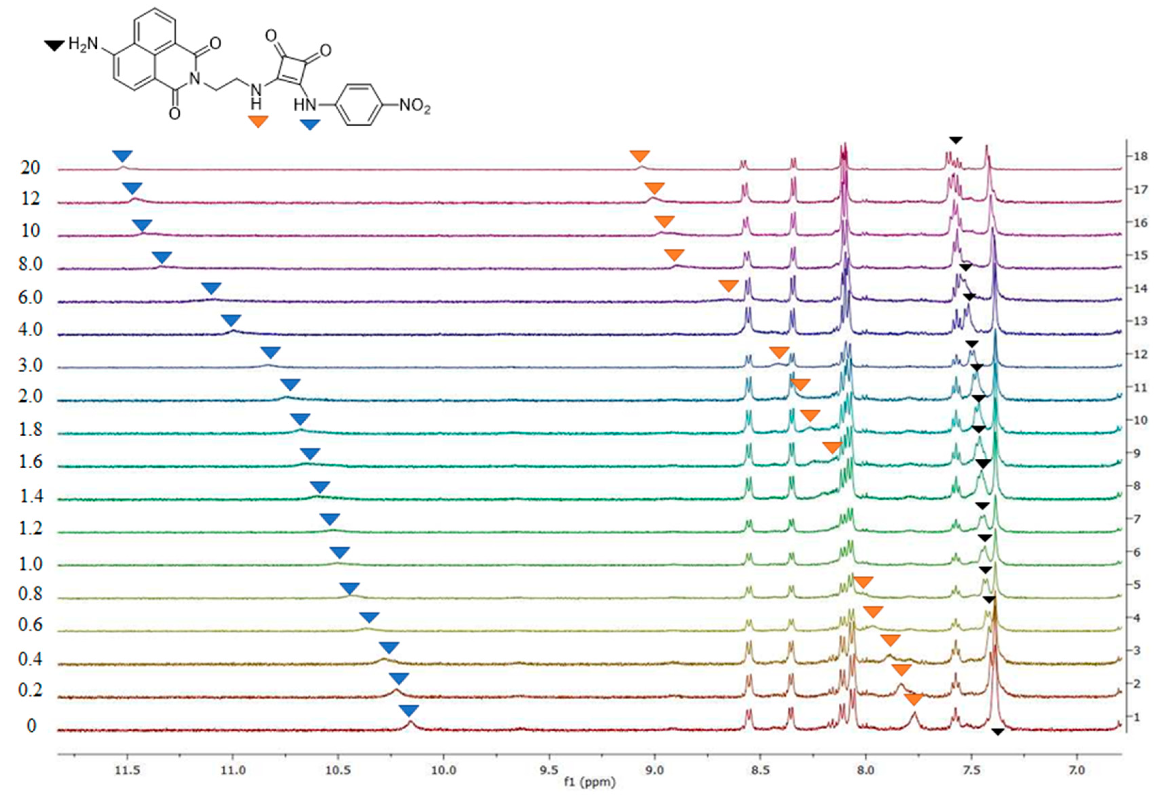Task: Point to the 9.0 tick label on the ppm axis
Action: click(654, 770)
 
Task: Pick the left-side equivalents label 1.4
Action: click(30, 496)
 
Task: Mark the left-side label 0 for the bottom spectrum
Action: click(31, 725)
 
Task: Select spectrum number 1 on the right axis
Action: click(1137, 717)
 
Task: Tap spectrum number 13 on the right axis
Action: click(1140, 321)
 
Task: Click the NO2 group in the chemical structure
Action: click(414, 106)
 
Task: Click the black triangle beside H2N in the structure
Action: click(54, 46)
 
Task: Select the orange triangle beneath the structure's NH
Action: click(258, 121)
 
